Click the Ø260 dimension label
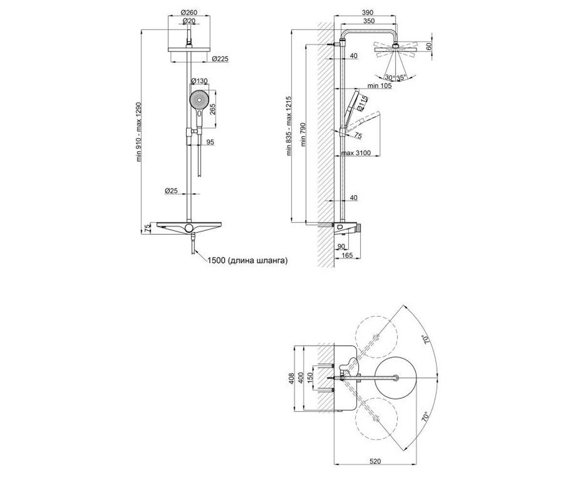(189, 13)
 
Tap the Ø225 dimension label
(220, 58)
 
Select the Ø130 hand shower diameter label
(200, 81)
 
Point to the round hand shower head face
(199, 99)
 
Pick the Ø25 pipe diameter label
(171, 191)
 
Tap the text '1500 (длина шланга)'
(247, 260)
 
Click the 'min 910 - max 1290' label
(139, 132)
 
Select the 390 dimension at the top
(367, 13)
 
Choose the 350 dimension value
(369, 21)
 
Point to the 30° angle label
(390, 77)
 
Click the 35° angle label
(401, 77)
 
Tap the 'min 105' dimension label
(379, 85)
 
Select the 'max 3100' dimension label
(356, 153)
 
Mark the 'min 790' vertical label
(303, 134)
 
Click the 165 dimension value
(347, 255)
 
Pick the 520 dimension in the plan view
(375, 461)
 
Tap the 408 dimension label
(291, 378)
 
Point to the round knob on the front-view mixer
(188, 227)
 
